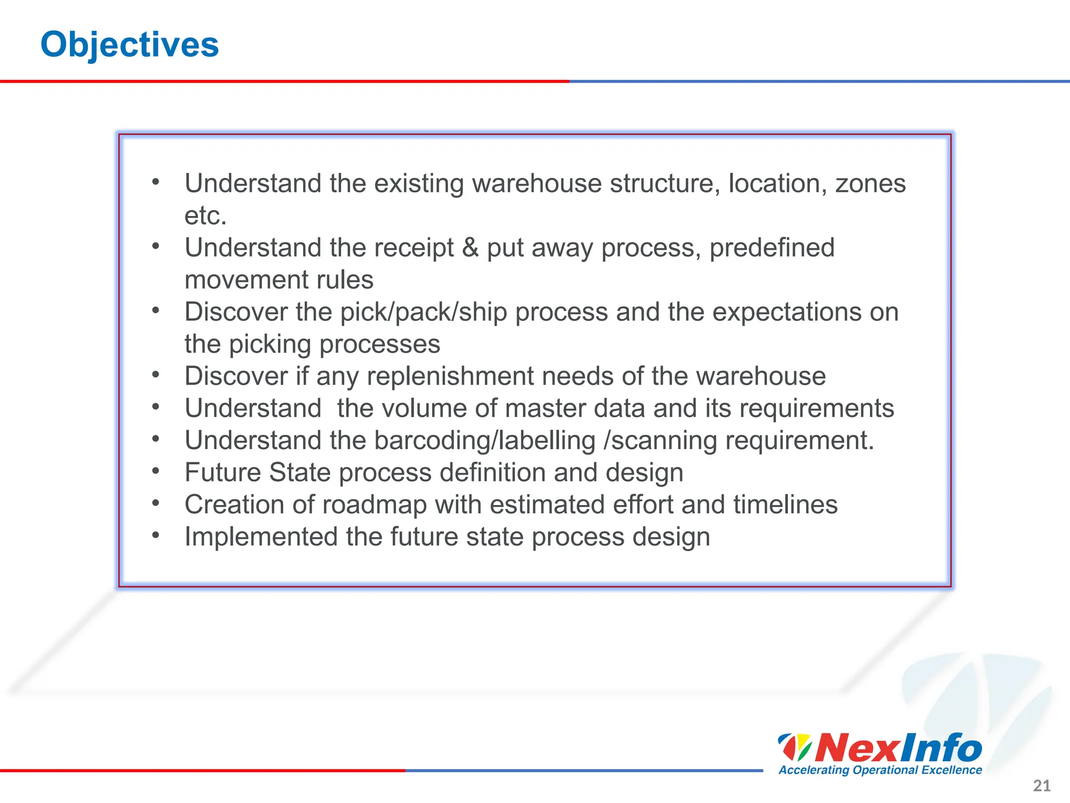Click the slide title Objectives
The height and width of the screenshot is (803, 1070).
(130, 45)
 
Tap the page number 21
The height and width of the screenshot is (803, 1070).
(1042, 785)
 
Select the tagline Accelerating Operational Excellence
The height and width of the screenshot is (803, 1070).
(880, 770)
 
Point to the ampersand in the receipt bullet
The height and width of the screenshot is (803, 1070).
(470, 248)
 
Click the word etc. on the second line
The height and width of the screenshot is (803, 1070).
(205, 216)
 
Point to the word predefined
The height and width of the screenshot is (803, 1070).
(772, 248)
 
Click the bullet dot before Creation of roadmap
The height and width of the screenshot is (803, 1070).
(155, 503)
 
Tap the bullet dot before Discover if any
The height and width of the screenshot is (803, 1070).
(155, 374)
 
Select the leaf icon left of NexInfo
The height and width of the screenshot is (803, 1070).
(794, 748)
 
